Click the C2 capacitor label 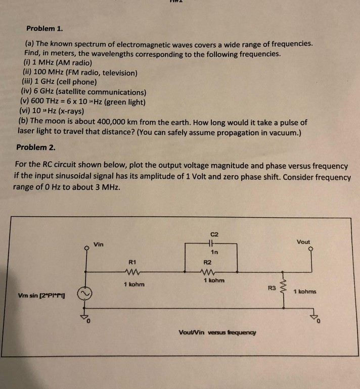click(x=214, y=233)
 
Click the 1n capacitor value click(x=214, y=252)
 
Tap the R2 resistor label click(x=207, y=262)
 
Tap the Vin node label click(x=99, y=245)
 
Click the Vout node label click(x=303, y=241)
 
